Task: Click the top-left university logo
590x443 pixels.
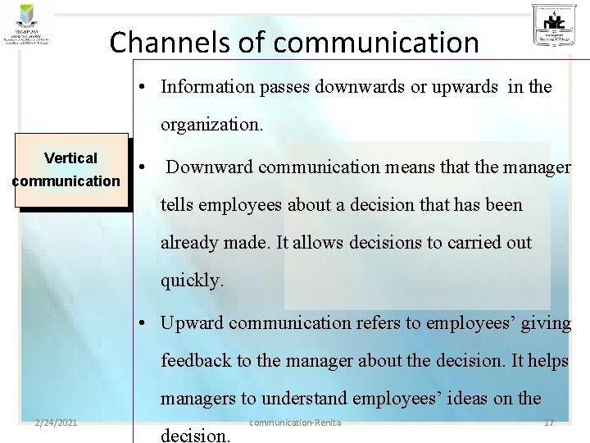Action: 28,25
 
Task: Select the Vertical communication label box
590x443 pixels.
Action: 70,169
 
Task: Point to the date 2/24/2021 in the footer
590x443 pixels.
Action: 57,422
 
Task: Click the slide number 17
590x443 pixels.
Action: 548,422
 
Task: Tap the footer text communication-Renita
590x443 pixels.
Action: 295,422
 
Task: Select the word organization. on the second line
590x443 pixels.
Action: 212,126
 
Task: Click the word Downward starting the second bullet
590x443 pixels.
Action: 210,167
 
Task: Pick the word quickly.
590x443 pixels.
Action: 192,280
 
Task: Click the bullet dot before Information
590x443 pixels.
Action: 143,87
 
